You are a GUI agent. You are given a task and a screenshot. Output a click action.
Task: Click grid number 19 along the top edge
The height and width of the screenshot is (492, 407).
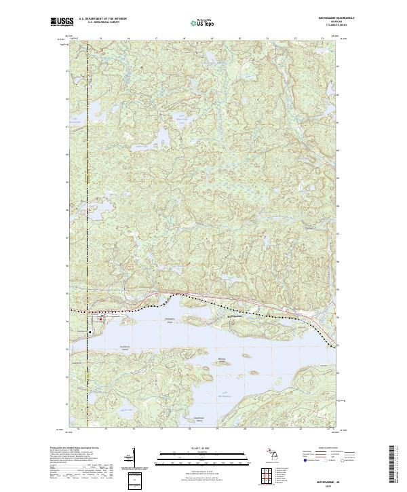coord(212,39)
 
